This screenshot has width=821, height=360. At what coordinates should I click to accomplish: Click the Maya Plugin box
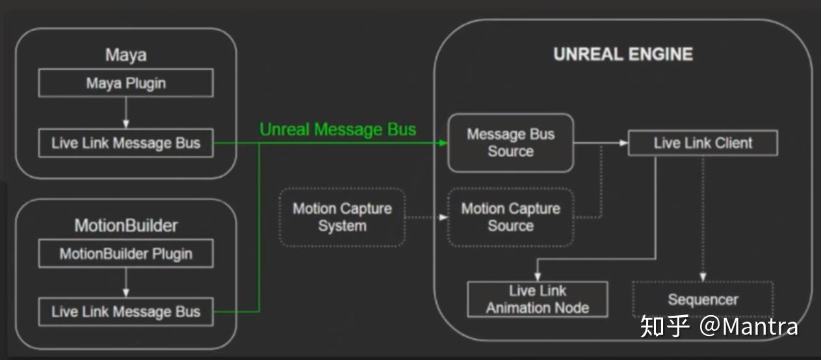125,83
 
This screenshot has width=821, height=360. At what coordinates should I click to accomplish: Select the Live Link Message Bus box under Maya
125,143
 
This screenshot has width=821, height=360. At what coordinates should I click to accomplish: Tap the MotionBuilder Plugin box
125,253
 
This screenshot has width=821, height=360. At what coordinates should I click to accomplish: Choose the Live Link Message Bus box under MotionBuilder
125,312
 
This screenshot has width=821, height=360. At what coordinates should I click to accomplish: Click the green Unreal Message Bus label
337,129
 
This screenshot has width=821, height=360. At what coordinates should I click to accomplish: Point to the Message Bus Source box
510,143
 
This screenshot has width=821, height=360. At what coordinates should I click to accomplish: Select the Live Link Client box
703,143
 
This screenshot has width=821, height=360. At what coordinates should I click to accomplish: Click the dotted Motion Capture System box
342,217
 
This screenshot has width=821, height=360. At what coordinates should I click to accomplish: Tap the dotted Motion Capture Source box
510,217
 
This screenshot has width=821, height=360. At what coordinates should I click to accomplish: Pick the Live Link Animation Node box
538,299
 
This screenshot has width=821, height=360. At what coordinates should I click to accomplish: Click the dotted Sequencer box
703,299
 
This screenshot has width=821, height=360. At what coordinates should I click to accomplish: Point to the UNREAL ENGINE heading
623,54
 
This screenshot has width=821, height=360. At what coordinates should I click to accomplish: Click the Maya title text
125,55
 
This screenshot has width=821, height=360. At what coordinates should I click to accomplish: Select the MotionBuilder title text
125,225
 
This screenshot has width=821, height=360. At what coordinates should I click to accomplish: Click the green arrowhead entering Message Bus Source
443,143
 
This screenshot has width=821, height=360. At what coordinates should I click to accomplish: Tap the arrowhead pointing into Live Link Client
624,143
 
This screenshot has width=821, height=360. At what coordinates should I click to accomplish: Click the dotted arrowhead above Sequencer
703,277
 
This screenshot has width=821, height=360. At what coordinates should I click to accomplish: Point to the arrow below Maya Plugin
125,112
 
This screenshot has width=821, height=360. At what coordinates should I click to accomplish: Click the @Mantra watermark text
748,326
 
